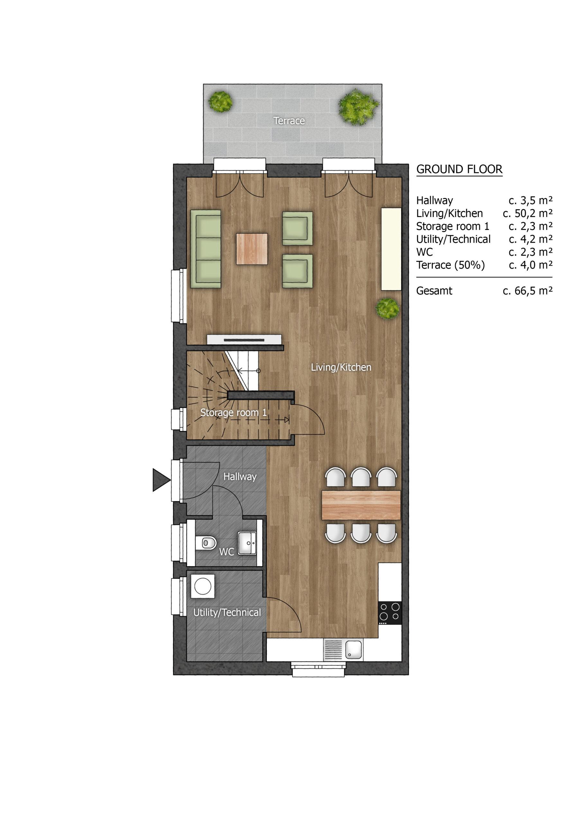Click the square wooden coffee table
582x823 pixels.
pyautogui.click(x=252, y=249)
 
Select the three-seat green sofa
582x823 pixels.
pyautogui.click(x=205, y=249)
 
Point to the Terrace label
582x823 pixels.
pyautogui.click(x=289, y=121)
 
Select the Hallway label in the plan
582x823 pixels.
pyautogui.click(x=240, y=477)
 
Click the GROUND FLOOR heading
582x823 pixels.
pyautogui.click(x=459, y=169)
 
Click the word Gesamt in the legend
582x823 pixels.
pyautogui.click(x=434, y=291)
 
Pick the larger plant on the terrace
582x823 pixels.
pyautogui.click(x=358, y=106)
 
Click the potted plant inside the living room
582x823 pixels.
pyautogui.click(x=387, y=308)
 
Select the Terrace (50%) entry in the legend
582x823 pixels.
pyautogui.click(x=450, y=265)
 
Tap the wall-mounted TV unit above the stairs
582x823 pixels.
pyautogui.click(x=244, y=339)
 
